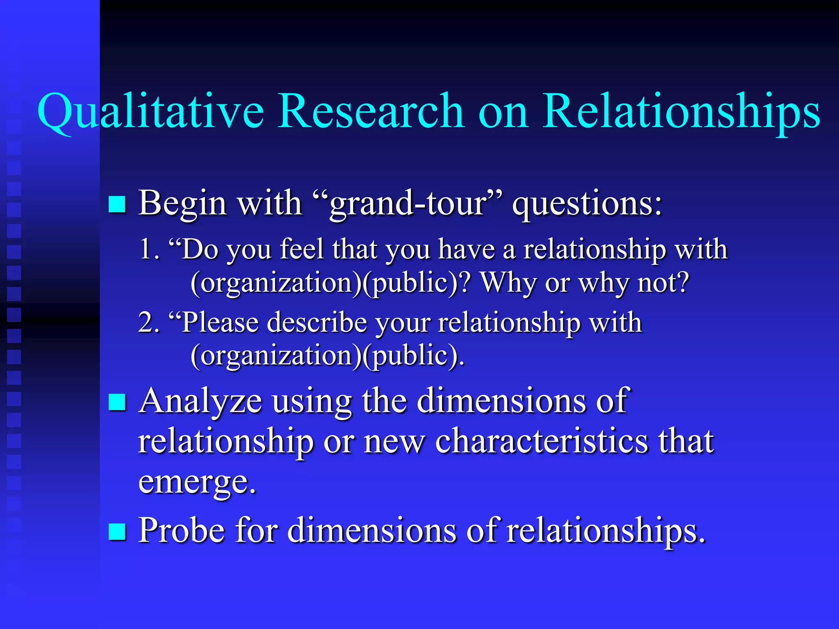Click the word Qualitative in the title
click(150, 111)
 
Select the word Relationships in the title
click(681, 111)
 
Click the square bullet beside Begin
click(117, 204)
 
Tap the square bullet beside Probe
click(117, 532)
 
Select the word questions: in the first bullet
click(587, 204)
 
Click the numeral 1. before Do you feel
click(149, 249)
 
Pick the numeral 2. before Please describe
click(149, 322)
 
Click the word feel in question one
click(302, 249)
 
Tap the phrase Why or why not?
click(585, 283)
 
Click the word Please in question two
click(220, 322)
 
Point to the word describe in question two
click(317, 322)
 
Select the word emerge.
click(197, 482)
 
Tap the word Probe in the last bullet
click(181, 530)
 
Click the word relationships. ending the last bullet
click(606, 531)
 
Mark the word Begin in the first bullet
click(182, 204)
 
